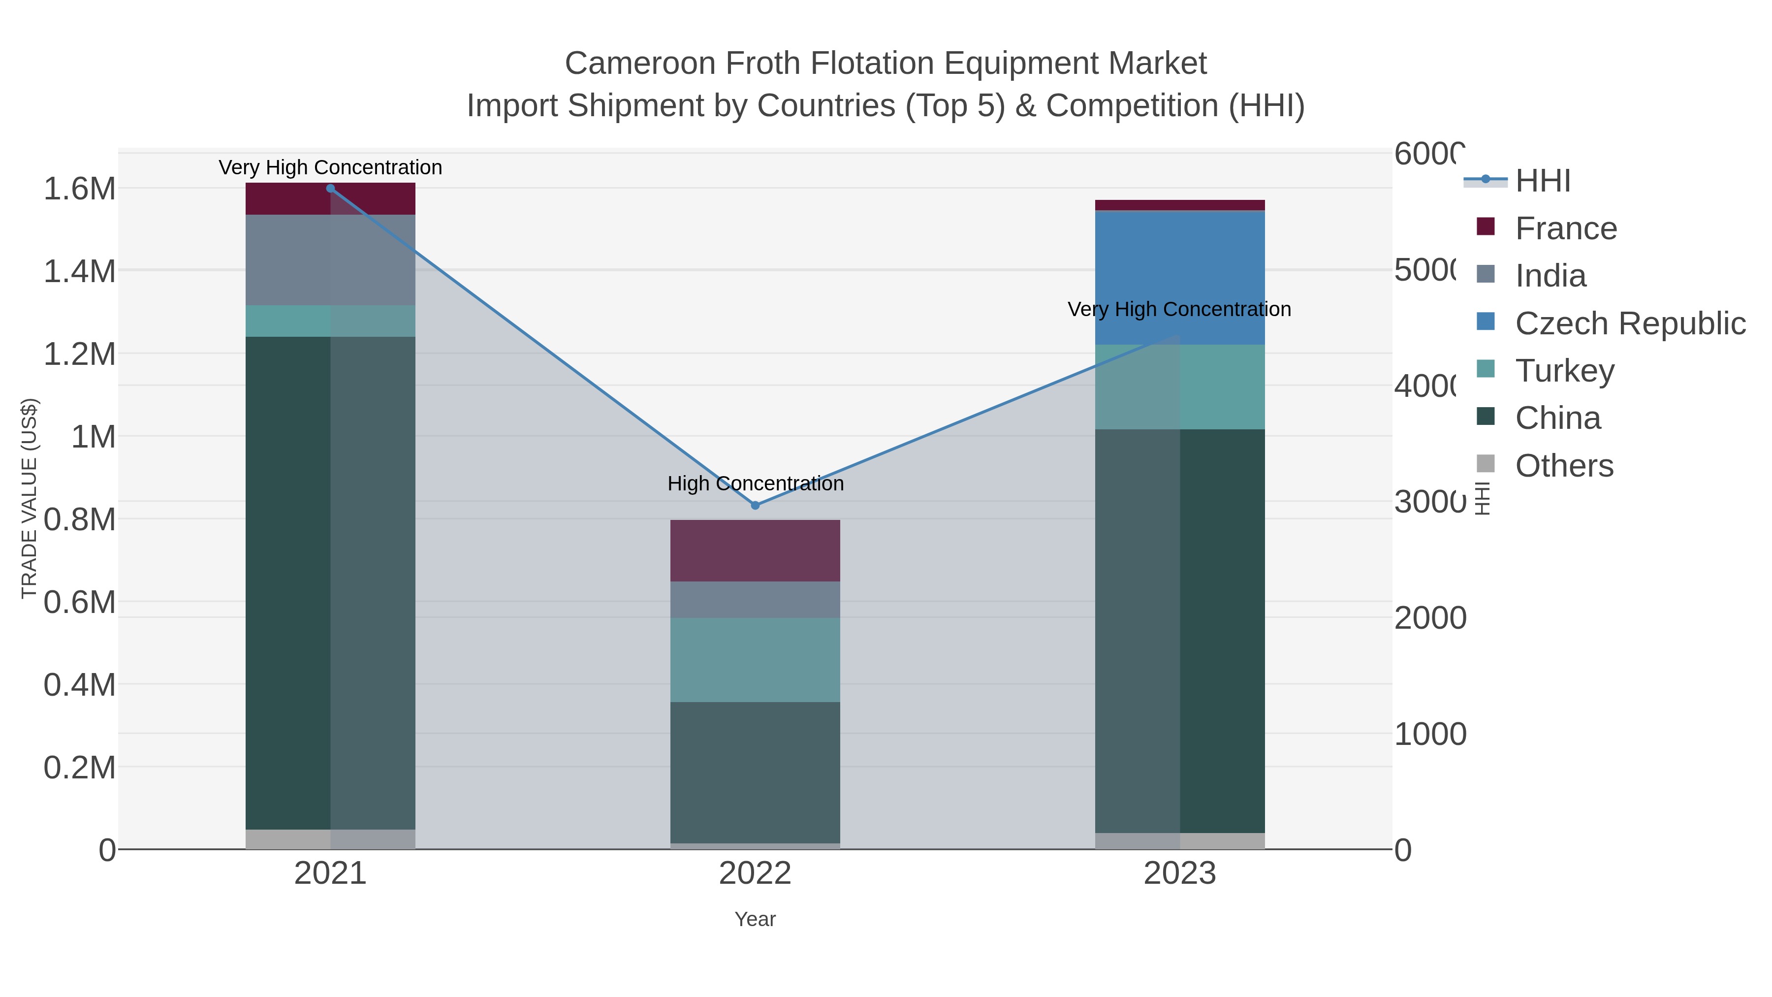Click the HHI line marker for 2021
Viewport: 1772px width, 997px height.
[330, 188]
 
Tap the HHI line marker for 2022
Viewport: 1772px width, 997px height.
[755, 505]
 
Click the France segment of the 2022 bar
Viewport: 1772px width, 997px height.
[755, 550]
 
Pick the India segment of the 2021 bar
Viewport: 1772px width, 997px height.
[330, 259]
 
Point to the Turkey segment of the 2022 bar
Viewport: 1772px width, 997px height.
[755, 659]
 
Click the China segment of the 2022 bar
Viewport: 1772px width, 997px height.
[755, 772]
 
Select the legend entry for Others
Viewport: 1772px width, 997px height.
[1564, 466]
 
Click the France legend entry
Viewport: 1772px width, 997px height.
[1566, 228]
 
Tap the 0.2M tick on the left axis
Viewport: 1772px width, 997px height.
[79, 767]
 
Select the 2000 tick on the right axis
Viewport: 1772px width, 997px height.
[1429, 618]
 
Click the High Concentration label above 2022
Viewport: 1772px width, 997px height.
[755, 483]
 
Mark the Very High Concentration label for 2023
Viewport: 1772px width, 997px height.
[1179, 310]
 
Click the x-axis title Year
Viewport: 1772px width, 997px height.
[755, 919]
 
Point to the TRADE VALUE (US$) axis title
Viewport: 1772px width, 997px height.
[29, 498]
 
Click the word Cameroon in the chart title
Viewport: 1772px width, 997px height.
[640, 64]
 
